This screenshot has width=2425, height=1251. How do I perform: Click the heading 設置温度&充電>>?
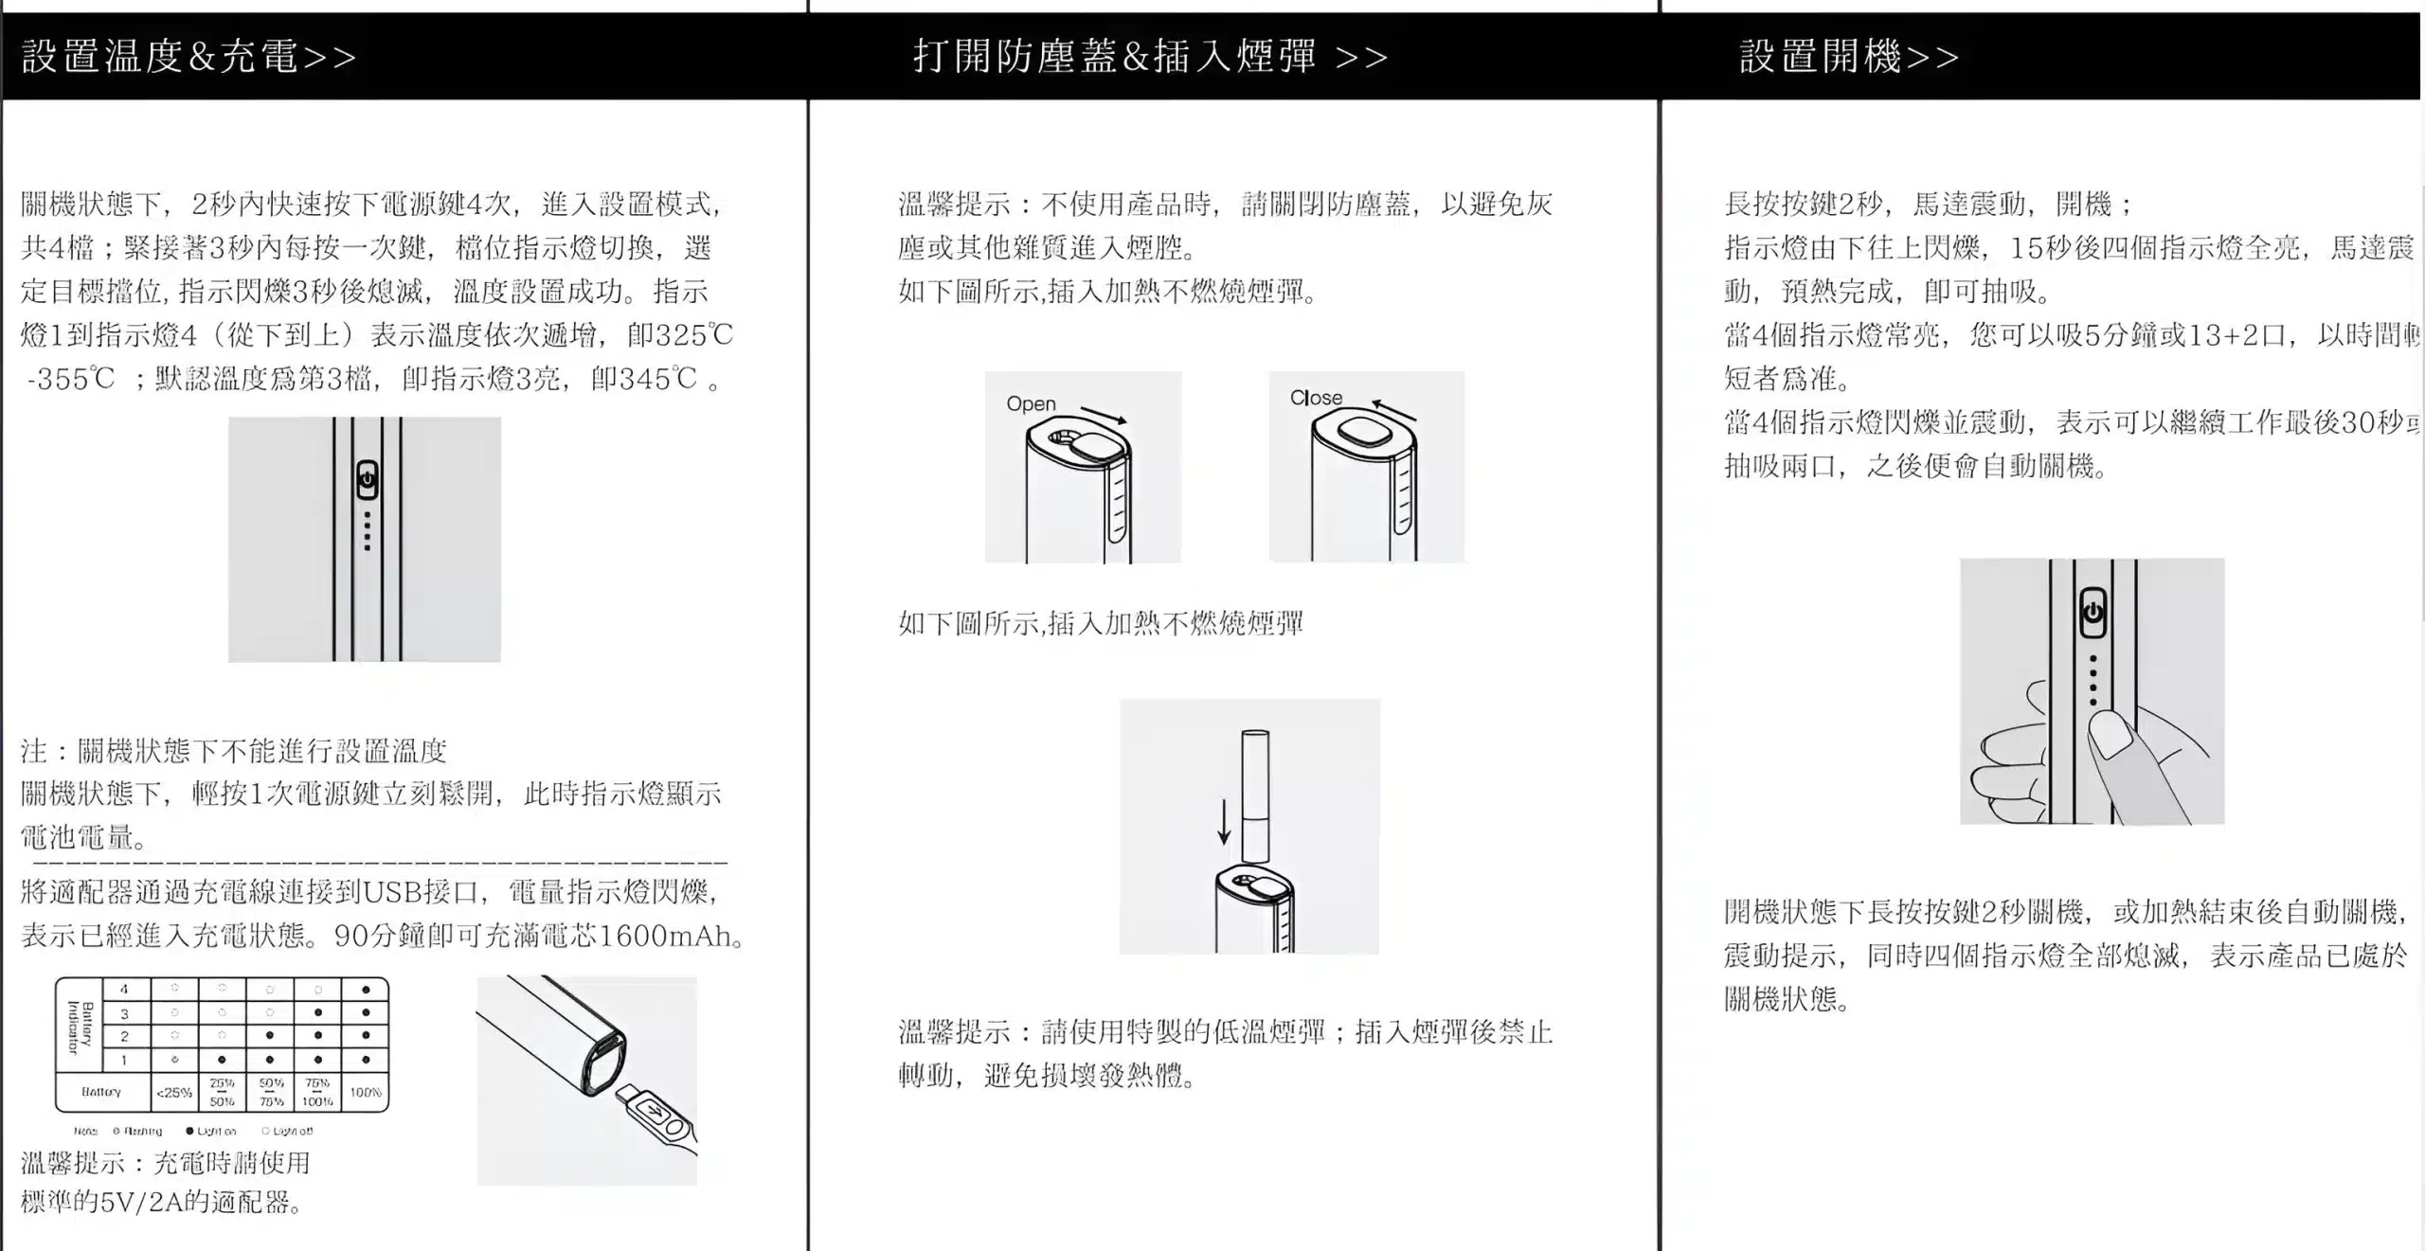pos(189,57)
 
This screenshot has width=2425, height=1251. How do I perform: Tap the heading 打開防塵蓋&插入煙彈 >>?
pos(1150,57)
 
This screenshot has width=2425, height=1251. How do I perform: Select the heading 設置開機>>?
pos(1848,57)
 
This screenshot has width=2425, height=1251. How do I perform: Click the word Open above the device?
pos(1031,404)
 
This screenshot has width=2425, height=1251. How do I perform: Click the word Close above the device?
pos(1316,398)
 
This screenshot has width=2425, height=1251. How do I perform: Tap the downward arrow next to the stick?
pos(1224,822)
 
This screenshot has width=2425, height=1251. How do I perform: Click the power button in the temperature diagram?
pos(368,480)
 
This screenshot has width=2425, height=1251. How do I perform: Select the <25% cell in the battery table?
pos(174,1092)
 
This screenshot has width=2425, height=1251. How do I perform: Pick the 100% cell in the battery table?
pos(366,1092)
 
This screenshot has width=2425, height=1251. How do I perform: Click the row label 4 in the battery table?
pos(124,990)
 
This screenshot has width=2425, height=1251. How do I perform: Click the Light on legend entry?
pos(212,1131)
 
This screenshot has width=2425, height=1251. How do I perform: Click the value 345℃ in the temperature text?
pos(644,379)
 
